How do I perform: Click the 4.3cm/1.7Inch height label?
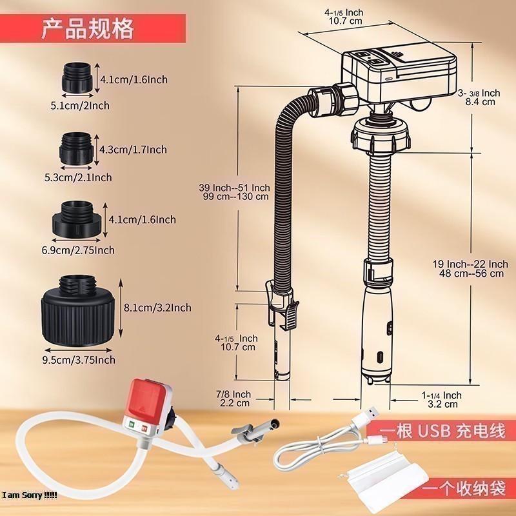pyautogui.click(x=134, y=150)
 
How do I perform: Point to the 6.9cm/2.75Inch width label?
pyautogui.click(x=83, y=250)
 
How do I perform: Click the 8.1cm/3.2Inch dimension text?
pyautogui.click(x=158, y=308)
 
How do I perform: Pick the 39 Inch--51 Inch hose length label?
pyautogui.click(x=234, y=192)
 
